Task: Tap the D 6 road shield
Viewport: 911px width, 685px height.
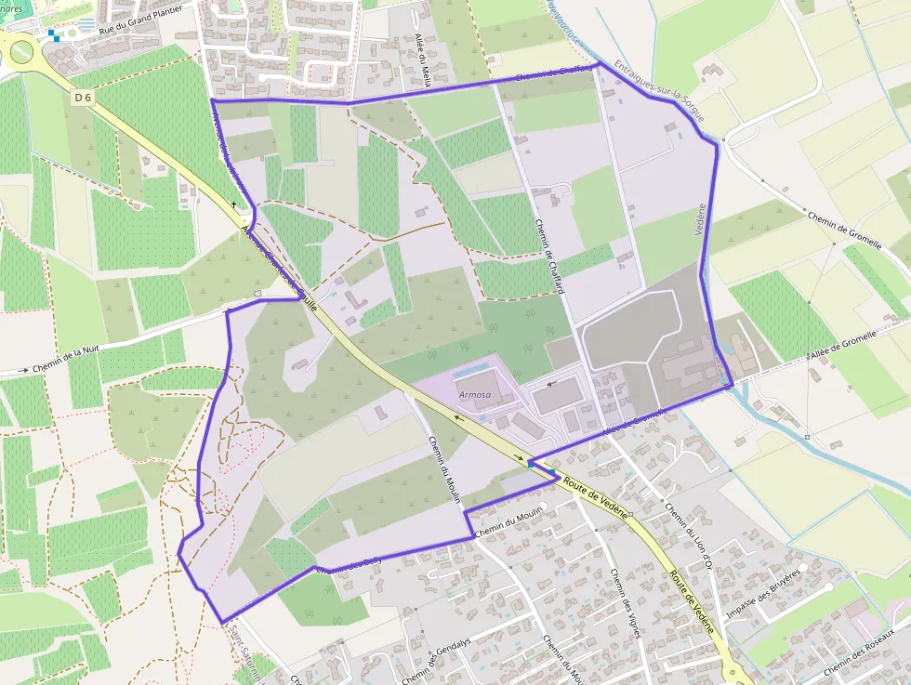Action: (83, 96)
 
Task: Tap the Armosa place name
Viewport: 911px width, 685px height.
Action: (474, 395)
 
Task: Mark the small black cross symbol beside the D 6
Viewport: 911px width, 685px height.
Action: (233, 204)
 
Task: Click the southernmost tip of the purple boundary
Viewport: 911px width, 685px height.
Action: (221, 622)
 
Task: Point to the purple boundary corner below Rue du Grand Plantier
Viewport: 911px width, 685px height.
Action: (213, 99)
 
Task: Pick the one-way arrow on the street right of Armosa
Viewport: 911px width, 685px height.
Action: (553, 382)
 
